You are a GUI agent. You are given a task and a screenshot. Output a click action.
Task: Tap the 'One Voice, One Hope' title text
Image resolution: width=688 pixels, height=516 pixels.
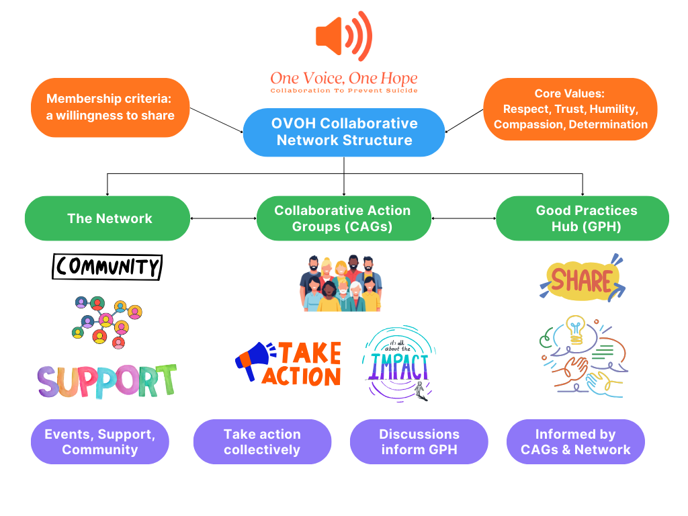(x=343, y=78)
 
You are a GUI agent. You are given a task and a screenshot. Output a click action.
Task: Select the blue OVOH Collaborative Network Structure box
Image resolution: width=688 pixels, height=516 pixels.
(x=344, y=132)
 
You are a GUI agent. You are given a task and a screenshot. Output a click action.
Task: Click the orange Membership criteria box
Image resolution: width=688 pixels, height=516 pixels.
(x=110, y=107)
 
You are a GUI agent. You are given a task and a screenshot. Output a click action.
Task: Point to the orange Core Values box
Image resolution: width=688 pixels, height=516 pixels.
(x=570, y=109)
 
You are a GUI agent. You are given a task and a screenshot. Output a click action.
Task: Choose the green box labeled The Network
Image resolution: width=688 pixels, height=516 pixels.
(x=107, y=218)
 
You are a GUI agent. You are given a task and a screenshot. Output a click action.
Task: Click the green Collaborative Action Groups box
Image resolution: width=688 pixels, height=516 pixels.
(x=343, y=218)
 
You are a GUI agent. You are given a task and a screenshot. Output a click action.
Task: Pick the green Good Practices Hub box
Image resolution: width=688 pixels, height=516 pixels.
(x=583, y=218)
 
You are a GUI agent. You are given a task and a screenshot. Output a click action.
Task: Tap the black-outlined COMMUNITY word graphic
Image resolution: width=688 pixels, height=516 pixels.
(x=107, y=267)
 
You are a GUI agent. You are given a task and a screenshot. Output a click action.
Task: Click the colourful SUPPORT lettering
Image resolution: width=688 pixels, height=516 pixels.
(x=107, y=380)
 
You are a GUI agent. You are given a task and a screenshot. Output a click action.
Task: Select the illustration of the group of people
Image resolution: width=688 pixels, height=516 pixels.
(x=340, y=283)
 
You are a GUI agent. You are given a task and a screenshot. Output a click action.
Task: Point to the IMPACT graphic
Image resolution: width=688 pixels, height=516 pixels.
(x=398, y=363)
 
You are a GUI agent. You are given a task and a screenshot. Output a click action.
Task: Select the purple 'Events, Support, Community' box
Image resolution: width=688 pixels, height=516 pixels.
(x=100, y=442)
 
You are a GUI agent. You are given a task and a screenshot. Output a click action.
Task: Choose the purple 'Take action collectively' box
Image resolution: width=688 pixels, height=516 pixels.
(x=262, y=442)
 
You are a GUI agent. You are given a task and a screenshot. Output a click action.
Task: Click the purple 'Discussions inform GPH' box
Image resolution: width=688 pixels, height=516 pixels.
(x=419, y=442)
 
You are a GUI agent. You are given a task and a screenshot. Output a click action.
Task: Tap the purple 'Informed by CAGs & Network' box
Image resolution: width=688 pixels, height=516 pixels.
(x=576, y=442)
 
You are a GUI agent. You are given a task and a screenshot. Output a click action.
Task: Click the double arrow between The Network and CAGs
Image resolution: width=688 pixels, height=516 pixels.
(x=224, y=218)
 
